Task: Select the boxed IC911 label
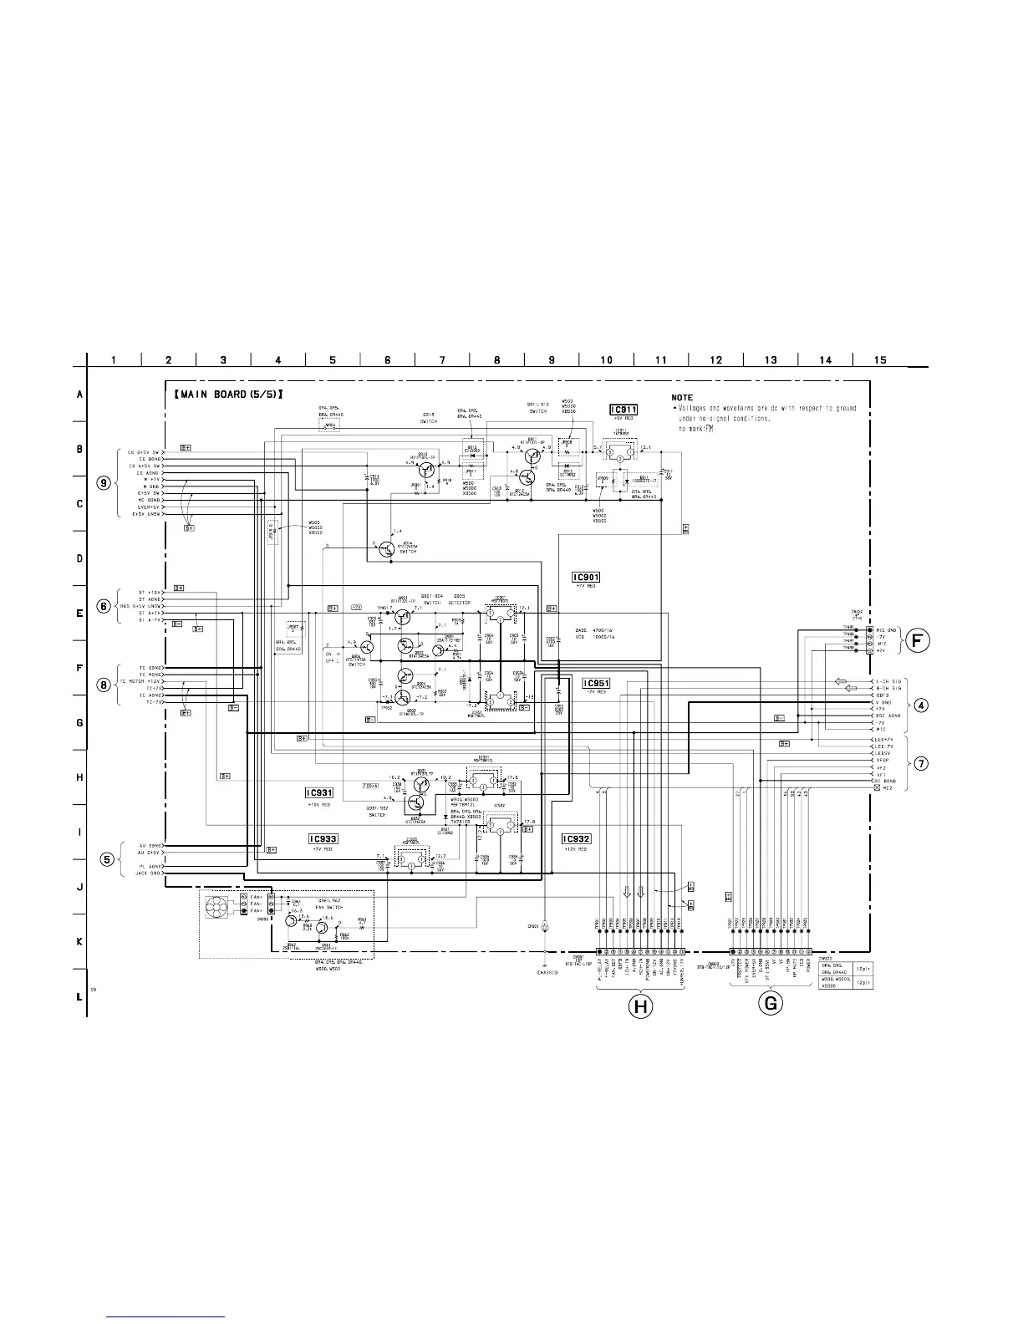click(623, 410)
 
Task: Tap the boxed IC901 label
click(586, 577)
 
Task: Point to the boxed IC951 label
click(597, 683)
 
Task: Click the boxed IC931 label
click(320, 792)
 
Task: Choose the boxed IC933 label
click(323, 838)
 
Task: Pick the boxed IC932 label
click(577, 838)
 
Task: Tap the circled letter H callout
click(640, 1007)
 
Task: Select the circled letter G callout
click(770, 1004)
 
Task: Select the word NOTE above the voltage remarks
click(682, 397)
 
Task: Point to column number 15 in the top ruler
click(880, 360)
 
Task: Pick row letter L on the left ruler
click(79, 996)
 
